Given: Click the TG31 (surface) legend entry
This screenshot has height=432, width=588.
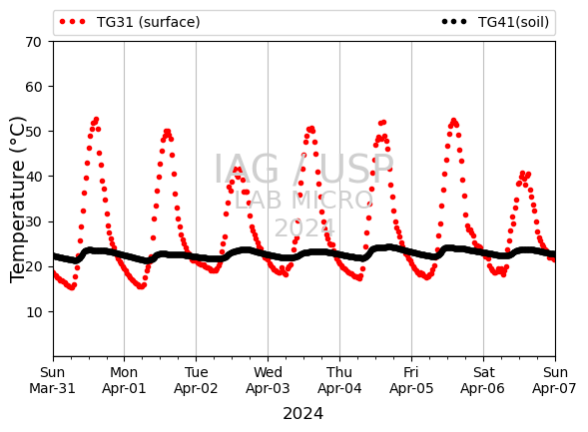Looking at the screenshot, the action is click(130, 22).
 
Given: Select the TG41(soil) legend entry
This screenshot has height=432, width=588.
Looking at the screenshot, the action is click(495, 22).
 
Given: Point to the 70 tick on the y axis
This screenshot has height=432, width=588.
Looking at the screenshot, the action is click(33, 42).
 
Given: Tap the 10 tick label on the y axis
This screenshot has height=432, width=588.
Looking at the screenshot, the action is click(33, 312).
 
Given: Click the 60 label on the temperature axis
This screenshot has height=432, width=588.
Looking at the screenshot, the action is click(33, 87).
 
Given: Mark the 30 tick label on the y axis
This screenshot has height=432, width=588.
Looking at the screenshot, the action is click(33, 221).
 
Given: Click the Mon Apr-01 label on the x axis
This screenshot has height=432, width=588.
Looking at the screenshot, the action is click(124, 380).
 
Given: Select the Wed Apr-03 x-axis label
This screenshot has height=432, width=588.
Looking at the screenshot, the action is click(268, 380).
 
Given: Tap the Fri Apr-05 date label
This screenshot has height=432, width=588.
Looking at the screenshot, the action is click(411, 380).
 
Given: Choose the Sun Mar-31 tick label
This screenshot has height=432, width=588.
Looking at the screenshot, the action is click(53, 380).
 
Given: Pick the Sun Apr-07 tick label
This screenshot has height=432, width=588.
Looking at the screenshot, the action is click(555, 380).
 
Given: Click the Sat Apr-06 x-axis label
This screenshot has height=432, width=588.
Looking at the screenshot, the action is click(483, 380).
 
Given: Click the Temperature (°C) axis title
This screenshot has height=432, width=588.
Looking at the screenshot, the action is click(17, 200).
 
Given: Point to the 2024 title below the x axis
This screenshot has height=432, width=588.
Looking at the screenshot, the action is click(303, 414).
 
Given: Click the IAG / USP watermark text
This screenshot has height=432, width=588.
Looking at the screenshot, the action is click(303, 169).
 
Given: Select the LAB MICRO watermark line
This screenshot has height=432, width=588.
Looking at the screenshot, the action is click(303, 201).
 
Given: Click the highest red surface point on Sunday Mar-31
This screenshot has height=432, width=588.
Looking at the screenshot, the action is click(97, 120).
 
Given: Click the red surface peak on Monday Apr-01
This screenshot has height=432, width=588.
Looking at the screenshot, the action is click(167, 132).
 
